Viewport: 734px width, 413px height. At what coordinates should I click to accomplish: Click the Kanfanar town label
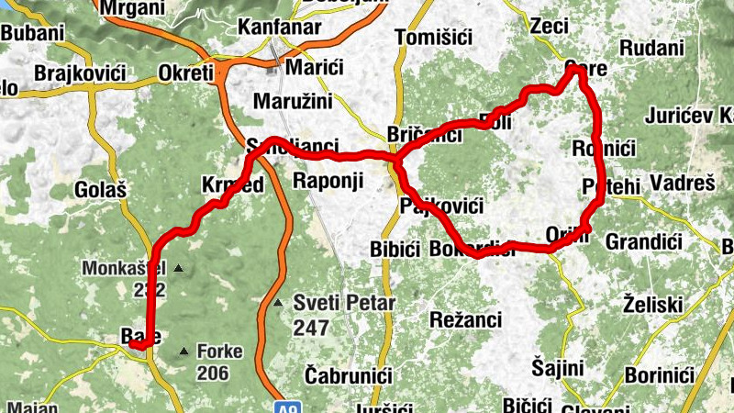[x=279, y=28]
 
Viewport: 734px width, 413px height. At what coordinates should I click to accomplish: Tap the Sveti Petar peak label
[x=344, y=303]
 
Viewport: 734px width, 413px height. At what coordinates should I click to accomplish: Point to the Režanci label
[x=465, y=318]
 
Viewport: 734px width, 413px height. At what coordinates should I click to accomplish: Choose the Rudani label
[x=652, y=48]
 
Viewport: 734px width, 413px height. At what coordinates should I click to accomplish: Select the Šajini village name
[x=557, y=368]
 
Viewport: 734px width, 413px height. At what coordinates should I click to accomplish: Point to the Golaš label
[x=96, y=190]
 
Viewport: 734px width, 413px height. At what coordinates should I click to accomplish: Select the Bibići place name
[x=395, y=250]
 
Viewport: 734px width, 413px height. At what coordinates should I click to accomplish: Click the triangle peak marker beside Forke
[x=185, y=351]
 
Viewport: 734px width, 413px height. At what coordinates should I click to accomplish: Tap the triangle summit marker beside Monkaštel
[x=179, y=269]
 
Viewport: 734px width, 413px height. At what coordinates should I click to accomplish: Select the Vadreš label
[x=682, y=184]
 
